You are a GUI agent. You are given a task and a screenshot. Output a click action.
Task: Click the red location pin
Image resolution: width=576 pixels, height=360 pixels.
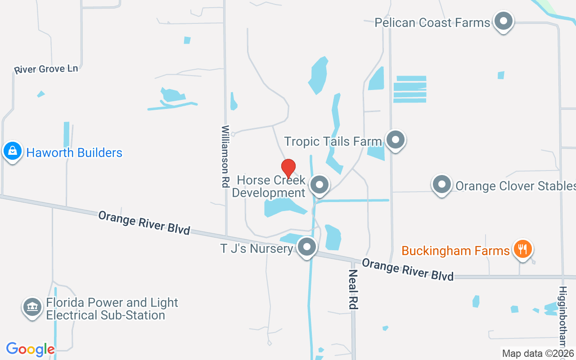tap(288, 168)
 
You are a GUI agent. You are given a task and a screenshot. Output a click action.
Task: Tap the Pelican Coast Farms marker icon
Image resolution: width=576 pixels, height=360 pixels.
tap(503, 21)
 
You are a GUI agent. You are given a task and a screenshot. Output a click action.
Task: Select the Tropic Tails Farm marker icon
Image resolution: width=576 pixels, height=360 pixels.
tap(396, 140)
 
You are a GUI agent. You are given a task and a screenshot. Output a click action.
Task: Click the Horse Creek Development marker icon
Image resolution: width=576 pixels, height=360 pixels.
tap(319, 184)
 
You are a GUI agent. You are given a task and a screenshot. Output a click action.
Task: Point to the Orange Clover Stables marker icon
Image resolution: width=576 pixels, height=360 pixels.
tap(441, 184)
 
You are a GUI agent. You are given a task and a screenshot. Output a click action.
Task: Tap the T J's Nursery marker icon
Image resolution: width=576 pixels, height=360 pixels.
tap(307, 247)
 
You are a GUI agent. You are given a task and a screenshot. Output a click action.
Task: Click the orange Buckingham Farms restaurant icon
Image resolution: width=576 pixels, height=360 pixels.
tap(522, 248)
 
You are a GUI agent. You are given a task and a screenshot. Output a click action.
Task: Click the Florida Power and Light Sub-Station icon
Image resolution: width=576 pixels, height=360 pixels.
tap(31, 308)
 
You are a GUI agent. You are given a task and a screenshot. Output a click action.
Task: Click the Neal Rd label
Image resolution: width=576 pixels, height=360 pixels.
tap(353, 289)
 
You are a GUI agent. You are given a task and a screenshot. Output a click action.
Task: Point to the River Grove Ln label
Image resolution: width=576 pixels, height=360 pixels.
tap(46, 69)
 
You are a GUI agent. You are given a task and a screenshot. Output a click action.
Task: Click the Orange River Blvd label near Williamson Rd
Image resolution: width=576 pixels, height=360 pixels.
tap(144, 222)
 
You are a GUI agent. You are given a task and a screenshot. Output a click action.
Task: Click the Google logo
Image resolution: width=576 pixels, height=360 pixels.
tap(30, 349)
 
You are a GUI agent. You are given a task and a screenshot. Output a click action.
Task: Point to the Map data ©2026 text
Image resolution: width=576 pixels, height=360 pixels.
tap(538, 354)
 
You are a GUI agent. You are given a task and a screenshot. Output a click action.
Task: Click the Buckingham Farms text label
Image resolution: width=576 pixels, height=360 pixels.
tap(455, 250)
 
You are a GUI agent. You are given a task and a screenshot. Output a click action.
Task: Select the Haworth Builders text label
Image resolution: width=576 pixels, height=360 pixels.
tap(74, 153)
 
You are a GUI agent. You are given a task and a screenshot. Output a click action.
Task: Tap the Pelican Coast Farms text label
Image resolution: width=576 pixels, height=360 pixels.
tap(432, 22)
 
